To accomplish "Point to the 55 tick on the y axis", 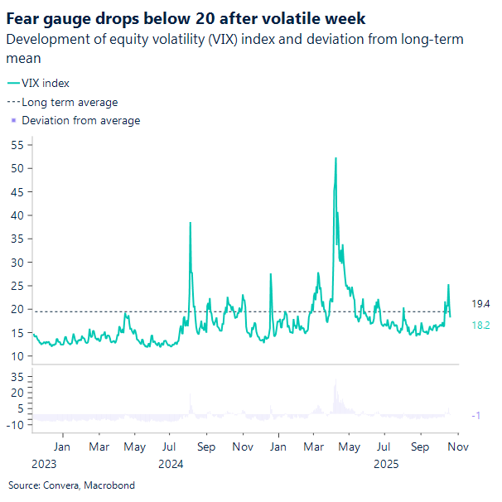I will [17, 144].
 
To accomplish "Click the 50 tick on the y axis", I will [17, 168].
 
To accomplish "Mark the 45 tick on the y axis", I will [17, 191].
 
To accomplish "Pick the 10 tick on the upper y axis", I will [17, 356].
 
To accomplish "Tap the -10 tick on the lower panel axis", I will [15, 424].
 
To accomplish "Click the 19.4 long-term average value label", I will [480, 305].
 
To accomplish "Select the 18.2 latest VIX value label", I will [480, 326].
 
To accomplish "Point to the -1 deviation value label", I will [476, 415].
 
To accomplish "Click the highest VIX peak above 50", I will [335, 158].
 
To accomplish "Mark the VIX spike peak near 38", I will [191, 223].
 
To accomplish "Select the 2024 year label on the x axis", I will [170, 464].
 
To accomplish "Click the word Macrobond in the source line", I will [109, 485].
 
